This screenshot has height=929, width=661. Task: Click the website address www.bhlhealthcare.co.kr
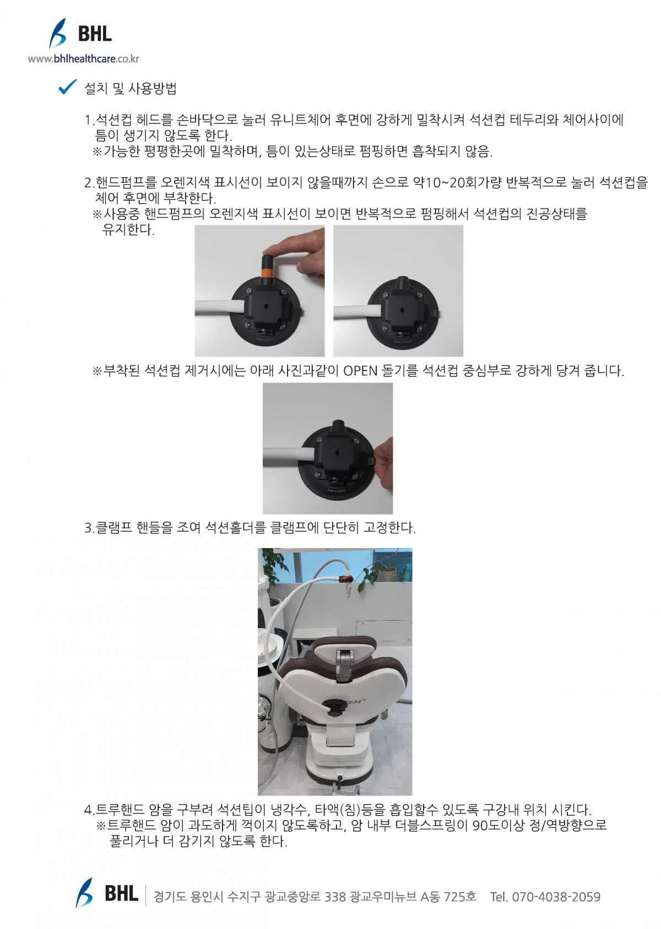[84, 59]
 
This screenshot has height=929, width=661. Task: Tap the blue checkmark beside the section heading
[67, 86]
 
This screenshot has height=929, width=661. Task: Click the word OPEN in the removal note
[360, 370]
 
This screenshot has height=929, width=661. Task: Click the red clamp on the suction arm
[344, 577]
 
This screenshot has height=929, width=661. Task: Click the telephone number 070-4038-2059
[556, 897]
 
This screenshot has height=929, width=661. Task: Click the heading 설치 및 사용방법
[131, 88]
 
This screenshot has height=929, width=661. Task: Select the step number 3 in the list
[88, 528]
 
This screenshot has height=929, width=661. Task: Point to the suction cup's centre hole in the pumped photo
[402, 309]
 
